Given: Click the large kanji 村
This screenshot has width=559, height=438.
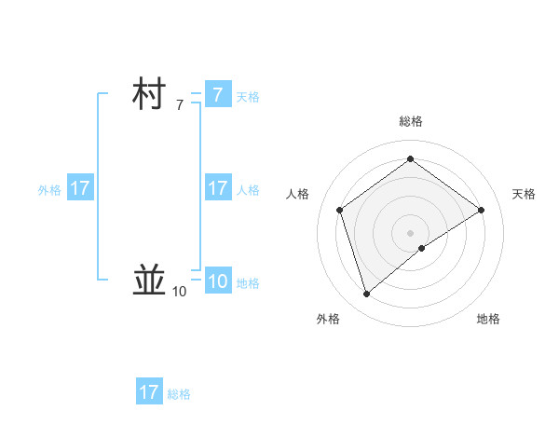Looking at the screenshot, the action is point(150,95).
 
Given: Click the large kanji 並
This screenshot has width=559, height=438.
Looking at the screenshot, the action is point(150,279).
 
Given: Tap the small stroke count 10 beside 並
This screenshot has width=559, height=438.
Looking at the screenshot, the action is point(179,292).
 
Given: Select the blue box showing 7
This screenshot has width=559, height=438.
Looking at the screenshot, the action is point(217,95).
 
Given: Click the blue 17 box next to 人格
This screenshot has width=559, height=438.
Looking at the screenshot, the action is point(217,188).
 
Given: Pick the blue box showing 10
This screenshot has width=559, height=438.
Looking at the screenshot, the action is point(217,281).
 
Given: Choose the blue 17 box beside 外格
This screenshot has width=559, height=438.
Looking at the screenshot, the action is point(80,188).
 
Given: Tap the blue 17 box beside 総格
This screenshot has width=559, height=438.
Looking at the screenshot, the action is point(149,392).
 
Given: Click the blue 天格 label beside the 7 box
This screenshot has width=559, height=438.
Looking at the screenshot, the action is point(248,97).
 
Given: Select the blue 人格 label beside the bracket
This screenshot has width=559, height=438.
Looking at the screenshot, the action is point(248,190).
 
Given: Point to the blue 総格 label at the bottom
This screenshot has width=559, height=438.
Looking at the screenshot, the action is point(179,394).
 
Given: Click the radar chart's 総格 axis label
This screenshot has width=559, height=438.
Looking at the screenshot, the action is point(410,121).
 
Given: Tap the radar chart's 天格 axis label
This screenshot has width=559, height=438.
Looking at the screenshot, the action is point(525,194).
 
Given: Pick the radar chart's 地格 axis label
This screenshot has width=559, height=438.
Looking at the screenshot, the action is point(488,319).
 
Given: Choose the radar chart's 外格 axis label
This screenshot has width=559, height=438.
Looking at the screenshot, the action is point(328,319).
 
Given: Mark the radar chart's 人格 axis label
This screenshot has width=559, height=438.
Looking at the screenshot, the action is point(298,194).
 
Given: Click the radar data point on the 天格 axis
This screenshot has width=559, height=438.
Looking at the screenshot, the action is point(481,210).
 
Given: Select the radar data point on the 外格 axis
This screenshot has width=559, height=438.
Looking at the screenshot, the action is point(366,294).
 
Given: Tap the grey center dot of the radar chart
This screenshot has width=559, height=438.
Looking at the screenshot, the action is point(410,232).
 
